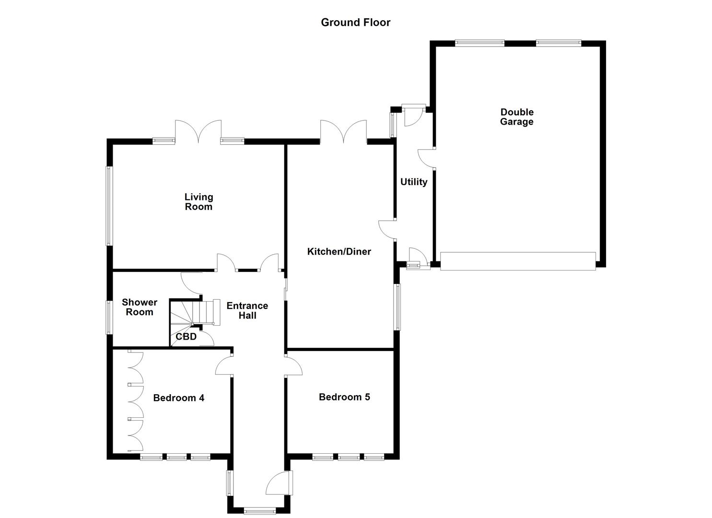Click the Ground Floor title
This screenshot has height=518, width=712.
[x=355, y=23]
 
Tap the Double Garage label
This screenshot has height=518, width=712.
[x=516, y=117]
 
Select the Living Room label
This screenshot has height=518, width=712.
[x=198, y=201]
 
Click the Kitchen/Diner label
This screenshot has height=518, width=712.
[x=339, y=251]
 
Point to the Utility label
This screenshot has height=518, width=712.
[x=413, y=182]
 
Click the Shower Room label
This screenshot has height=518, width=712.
[x=139, y=307]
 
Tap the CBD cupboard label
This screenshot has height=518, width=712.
[x=186, y=337]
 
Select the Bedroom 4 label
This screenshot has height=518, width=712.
[x=178, y=398]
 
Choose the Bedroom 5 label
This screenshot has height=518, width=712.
[x=344, y=397]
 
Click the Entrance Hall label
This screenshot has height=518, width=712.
[x=247, y=310]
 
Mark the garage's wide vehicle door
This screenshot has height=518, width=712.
[x=518, y=261]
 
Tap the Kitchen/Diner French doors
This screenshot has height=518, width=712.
[x=343, y=131]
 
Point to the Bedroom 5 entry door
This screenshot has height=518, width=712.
[x=293, y=365]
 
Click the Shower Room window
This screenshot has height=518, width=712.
[x=109, y=317]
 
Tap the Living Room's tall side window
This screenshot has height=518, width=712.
[x=109, y=206]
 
